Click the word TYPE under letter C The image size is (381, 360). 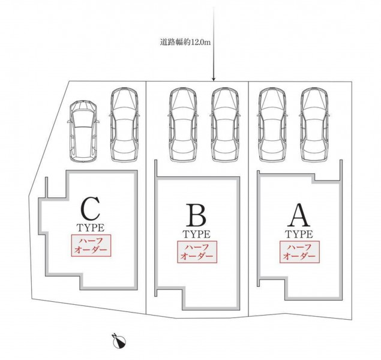[x=91, y=228]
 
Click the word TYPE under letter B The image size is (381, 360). [x=196, y=234]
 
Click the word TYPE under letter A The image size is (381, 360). [x=298, y=234]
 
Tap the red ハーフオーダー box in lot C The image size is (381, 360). [x=91, y=245]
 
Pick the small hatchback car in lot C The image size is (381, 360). [x=82, y=131]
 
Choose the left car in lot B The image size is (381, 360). [x=183, y=125]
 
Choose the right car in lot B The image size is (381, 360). [x=225, y=125]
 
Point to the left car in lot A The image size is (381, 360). [x=271, y=125]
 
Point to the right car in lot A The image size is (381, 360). [x=314, y=125]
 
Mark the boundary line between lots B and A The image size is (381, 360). [x=249, y=198]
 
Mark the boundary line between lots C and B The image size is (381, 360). [x=147, y=198]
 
